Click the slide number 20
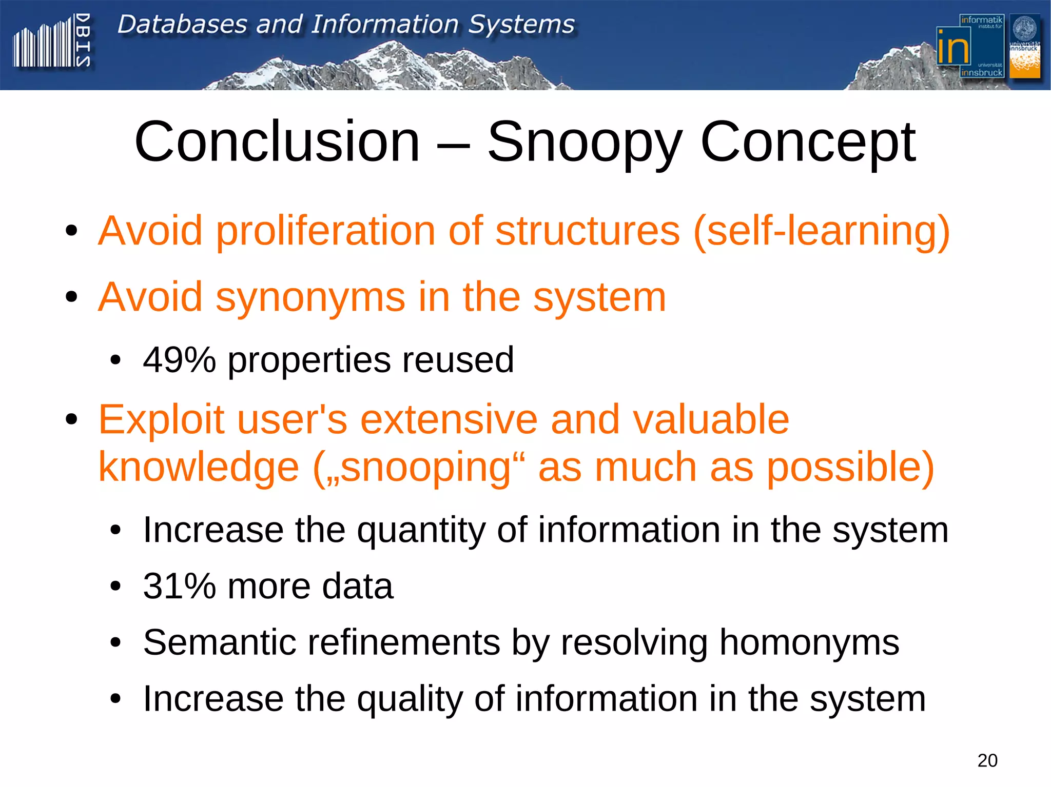(x=987, y=760)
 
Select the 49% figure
(x=179, y=360)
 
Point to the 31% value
(x=179, y=586)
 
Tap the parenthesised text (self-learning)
(x=822, y=232)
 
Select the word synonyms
(x=310, y=298)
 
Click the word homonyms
(x=809, y=642)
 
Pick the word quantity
(x=420, y=530)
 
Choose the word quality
(x=409, y=699)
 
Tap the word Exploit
(x=161, y=419)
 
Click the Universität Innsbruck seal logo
(x=1024, y=46)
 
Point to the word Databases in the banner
(x=182, y=25)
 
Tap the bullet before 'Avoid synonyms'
(x=71, y=297)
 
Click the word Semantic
(x=219, y=642)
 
